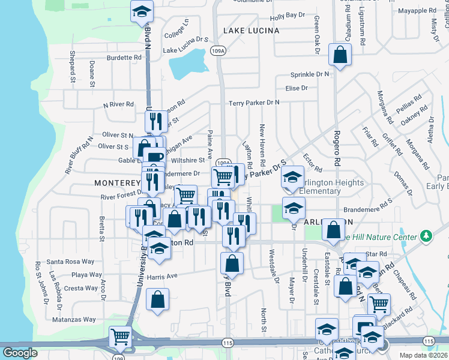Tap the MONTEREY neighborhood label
pyautogui.click(x=117, y=182)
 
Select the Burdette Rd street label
pyautogui.click(x=124, y=58)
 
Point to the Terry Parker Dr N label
pyautogui.click(x=254, y=103)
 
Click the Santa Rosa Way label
pyautogui.click(x=71, y=262)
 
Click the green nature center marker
pyautogui.click(x=427, y=235)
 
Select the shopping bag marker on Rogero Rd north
pyautogui.click(x=340, y=56)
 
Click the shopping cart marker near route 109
pyautogui.click(x=120, y=337)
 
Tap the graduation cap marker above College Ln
pyautogui.click(x=142, y=11)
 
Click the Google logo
pyautogui.click(x=20, y=353)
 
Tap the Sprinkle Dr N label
pyautogui.click(x=310, y=74)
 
